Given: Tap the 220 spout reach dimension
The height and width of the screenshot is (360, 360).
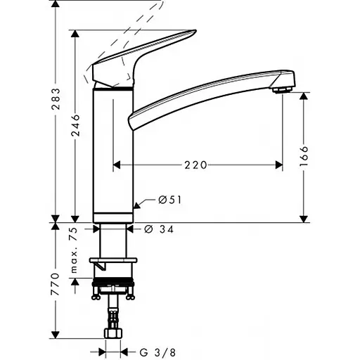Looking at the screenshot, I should (195, 165).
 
